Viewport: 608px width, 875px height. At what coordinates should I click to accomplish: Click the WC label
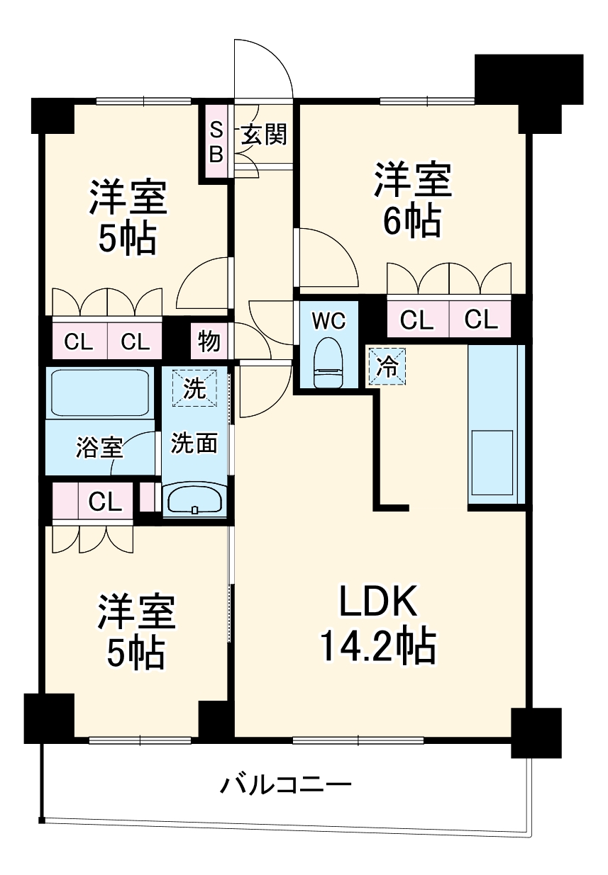click(x=328, y=320)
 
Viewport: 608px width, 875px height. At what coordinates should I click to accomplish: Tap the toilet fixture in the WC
click(x=328, y=362)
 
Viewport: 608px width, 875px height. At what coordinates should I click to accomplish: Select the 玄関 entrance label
click(x=264, y=134)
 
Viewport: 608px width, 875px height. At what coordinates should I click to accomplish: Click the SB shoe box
click(x=216, y=142)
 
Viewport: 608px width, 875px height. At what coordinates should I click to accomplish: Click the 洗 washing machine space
click(x=195, y=389)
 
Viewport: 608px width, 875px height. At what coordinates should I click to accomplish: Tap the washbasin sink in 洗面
click(x=194, y=500)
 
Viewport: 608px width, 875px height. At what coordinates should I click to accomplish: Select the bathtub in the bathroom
click(x=99, y=393)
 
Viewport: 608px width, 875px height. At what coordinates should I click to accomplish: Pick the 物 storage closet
click(x=209, y=342)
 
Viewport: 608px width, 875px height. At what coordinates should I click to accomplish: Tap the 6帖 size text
click(x=412, y=222)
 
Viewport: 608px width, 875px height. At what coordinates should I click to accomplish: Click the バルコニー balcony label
click(x=285, y=785)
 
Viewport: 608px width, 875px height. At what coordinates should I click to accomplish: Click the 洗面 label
click(x=194, y=444)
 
